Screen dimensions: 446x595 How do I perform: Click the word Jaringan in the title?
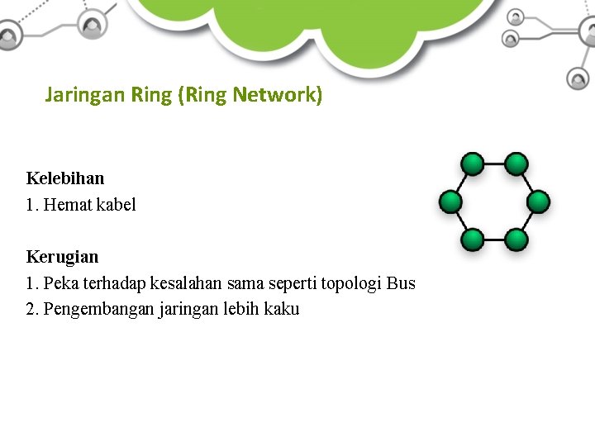[84, 96]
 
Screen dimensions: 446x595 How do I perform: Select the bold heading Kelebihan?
[65, 178]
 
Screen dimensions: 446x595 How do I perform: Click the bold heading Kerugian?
[62, 257]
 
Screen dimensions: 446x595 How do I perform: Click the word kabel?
[117, 204]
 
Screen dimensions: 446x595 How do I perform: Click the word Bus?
[401, 283]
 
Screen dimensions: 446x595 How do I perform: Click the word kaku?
[283, 310]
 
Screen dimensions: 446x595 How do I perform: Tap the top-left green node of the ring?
[472, 164]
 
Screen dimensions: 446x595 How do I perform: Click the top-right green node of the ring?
[516, 164]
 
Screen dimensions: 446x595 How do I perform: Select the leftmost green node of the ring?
[450, 202]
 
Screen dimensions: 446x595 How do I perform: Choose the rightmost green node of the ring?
[538, 202]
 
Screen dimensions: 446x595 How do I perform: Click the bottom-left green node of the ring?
[472, 240]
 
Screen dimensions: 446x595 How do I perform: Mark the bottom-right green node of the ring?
[516, 240]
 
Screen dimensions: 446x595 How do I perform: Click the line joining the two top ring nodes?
[494, 164]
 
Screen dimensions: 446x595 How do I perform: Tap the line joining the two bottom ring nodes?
[494, 240]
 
